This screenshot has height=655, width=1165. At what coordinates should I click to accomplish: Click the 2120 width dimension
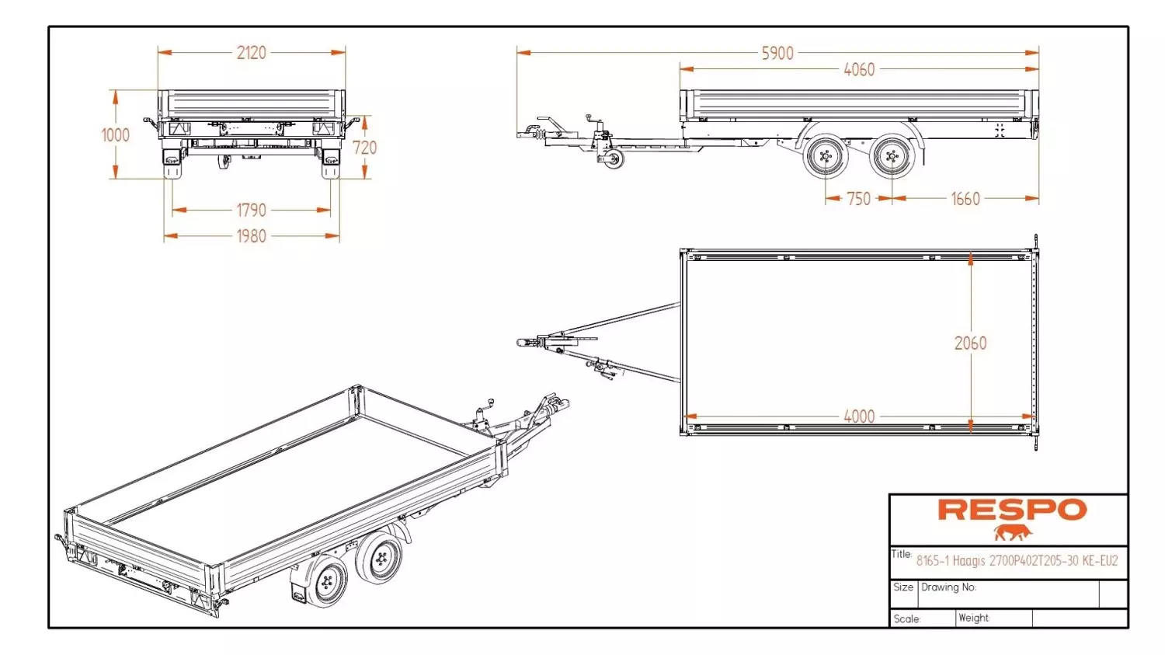(251, 53)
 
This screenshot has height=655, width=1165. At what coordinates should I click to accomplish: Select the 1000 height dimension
(115, 135)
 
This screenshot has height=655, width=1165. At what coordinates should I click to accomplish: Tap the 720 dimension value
(364, 148)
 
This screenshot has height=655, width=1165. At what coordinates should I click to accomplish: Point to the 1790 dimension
(251, 211)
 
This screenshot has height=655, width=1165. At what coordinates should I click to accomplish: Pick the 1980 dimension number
(251, 236)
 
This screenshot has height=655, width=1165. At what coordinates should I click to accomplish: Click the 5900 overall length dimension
(777, 53)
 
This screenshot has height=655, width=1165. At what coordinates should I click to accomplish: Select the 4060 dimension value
(859, 69)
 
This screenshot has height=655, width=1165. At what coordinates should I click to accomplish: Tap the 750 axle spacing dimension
(859, 199)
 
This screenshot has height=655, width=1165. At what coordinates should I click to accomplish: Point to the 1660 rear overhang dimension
(965, 199)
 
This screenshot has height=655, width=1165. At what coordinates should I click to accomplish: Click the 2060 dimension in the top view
(971, 343)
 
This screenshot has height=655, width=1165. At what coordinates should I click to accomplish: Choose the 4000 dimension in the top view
(859, 416)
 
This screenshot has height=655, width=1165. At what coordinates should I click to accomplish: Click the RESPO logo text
(1012, 510)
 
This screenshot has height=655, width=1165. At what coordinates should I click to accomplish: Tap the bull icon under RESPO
(1012, 533)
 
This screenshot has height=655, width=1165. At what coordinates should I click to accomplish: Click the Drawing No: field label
(948, 587)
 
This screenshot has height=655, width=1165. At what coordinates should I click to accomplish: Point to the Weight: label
(974, 618)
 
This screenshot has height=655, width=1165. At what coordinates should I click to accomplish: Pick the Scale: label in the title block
(906, 619)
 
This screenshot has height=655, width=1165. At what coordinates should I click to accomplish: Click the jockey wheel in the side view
(614, 159)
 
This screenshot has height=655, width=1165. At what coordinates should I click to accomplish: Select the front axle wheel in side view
(826, 155)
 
